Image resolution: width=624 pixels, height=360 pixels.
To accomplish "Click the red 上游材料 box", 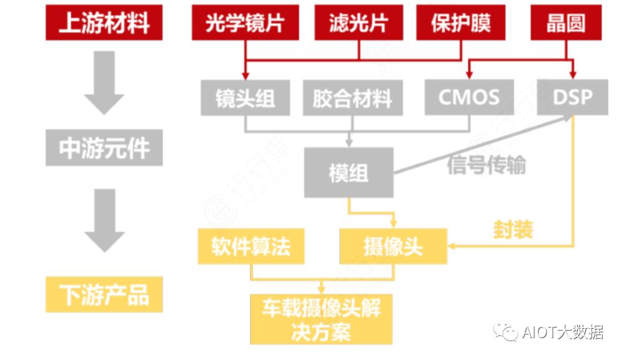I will [x=104, y=23].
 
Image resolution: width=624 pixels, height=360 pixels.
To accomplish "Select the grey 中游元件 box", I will [x=104, y=148].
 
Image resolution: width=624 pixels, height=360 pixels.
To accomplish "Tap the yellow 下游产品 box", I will [x=104, y=294].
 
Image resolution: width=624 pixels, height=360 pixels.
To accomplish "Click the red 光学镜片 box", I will [x=245, y=23].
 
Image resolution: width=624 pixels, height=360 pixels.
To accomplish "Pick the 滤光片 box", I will [x=359, y=23].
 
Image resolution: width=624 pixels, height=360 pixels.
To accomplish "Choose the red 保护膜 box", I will [x=461, y=23].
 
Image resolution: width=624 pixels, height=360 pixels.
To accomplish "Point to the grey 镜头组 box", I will [x=245, y=98].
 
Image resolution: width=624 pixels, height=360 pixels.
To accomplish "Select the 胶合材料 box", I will [x=352, y=98].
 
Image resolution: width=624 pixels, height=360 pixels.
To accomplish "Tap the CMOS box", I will [x=469, y=97].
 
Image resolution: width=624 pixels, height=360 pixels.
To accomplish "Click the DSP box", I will [x=572, y=97].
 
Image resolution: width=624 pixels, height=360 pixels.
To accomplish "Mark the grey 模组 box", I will [x=349, y=173].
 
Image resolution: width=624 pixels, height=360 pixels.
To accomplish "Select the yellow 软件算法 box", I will [x=251, y=246].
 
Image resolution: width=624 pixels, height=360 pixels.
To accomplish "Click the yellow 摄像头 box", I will [x=393, y=246].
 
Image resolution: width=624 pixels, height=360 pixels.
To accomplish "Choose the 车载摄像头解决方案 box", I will [x=321, y=319].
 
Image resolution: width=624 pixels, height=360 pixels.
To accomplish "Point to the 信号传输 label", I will [x=486, y=165].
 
